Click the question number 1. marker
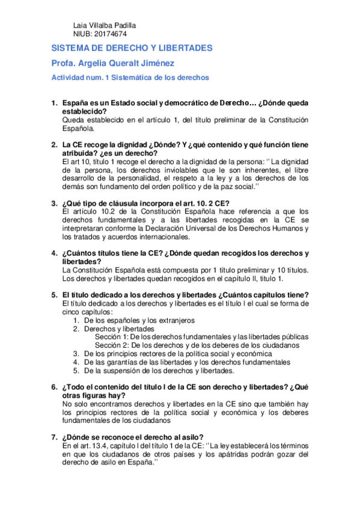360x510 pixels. [53, 103]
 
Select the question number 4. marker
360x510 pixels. [53, 253]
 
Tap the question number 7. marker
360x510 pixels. [53, 437]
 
